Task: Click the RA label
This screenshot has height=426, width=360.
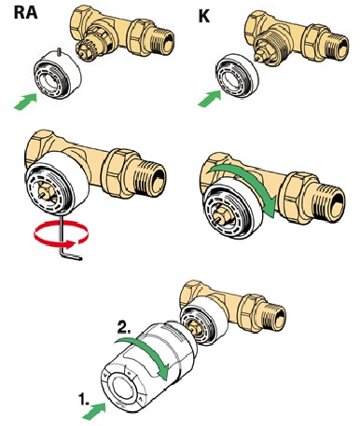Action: coord(25,12)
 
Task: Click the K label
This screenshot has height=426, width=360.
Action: coord(204,16)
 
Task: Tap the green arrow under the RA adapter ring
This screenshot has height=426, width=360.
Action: coord(25,102)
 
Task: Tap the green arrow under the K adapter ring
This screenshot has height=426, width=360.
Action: coord(209,99)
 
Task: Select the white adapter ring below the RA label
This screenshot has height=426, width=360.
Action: coord(58,75)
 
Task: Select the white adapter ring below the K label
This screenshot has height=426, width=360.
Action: coord(238,75)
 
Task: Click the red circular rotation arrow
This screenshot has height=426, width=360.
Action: coord(62,234)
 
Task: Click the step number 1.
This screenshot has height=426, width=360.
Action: coord(83,399)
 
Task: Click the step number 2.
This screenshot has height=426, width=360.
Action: coord(124,327)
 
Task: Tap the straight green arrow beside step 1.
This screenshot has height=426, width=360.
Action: coord(94,410)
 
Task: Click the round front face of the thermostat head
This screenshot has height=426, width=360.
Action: coord(123,388)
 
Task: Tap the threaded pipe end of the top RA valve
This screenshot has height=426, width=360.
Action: coord(162,41)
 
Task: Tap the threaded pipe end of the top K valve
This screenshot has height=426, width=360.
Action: coord(337,47)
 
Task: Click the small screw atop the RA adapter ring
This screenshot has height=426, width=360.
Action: coord(59,52)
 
